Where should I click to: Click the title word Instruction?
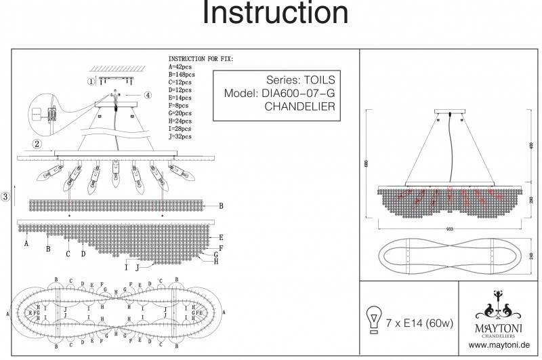pyautogui.click(x=276, y=15)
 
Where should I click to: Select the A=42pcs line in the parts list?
pyautogui.click(x=180, y=67)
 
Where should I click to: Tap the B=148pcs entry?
pyautogui.click(x=181, y=75)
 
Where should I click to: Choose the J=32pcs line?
pyautogui.click(x=181, y=136)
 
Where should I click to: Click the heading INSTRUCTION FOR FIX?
pyautogui.click(x=201, y=60)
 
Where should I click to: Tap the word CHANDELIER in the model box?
pyautogui.click(x=299, y=107)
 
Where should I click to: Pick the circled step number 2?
pyautogui.click(x=38, y=144)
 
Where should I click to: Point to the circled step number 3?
pyautogui.click(x=5, y=197)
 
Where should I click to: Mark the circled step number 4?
pyautogui.click(x=148, y=96)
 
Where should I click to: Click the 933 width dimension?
pyautogui.click(x=449, y=228)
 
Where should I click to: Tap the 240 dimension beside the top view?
pyautogui.click(x=531, y=255)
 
